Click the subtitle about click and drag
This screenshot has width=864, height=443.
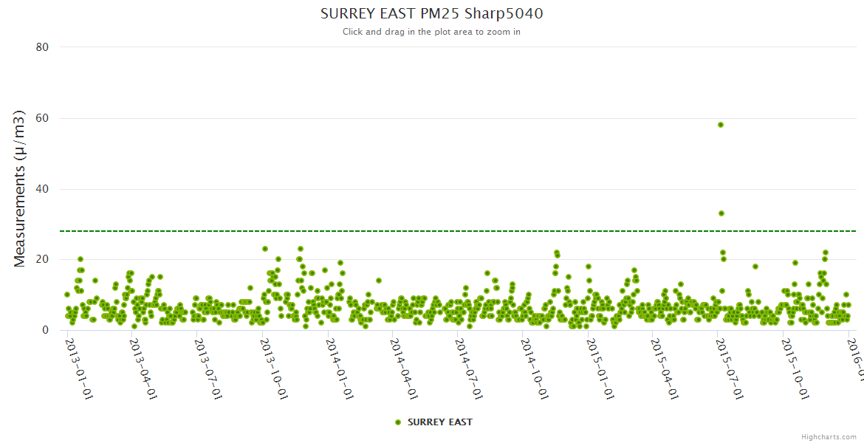click(x=431, y=32)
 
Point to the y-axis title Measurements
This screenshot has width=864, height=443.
click(x=20, y=188)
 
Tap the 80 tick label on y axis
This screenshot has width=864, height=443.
click(x=42, y=47)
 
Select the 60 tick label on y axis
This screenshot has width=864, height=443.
click(x=42, y=118)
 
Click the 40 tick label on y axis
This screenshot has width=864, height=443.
click(x=42, y=189)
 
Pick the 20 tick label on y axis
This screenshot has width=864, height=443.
click(x=42, y=260)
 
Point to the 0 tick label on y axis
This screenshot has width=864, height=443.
click(x=45, y=331)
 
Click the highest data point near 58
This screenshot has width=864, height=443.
click(x=721, y=125)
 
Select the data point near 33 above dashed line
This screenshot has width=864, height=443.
click(x=721, y=213)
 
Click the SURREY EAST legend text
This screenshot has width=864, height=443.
click(x=439, y=422)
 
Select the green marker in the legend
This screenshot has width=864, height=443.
click(x=398, y=422)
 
